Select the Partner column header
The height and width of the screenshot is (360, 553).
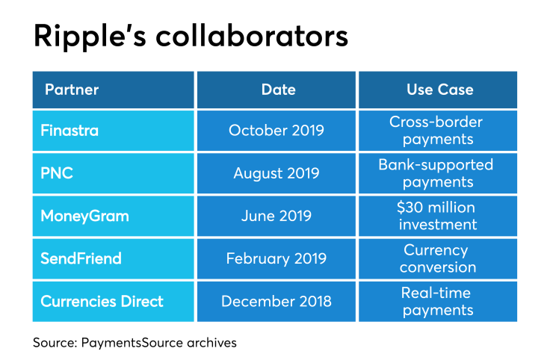(72, 90)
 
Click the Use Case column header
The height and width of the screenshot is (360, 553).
(439, 90)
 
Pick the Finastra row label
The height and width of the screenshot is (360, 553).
(69, 130)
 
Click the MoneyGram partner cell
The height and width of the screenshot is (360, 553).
(84, 216)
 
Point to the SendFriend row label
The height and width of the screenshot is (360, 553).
(81, 258)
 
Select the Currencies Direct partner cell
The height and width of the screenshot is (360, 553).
(102, 302)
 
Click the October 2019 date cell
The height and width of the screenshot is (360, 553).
(276, 130)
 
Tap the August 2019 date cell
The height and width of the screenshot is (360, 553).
(276, 173)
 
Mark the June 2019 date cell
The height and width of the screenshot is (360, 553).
(276, 216)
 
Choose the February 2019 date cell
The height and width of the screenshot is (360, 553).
(276, 258)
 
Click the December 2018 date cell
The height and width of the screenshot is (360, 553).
(276, 302)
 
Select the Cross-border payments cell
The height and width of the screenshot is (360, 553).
(436, 130)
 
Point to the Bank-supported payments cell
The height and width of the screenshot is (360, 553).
(436, 173)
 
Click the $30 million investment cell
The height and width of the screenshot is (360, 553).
(436, 216)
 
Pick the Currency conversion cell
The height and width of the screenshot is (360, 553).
(436, 258)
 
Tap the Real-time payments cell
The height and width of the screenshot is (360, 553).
(436, 302)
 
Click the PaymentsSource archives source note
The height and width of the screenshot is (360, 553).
(135, 343)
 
